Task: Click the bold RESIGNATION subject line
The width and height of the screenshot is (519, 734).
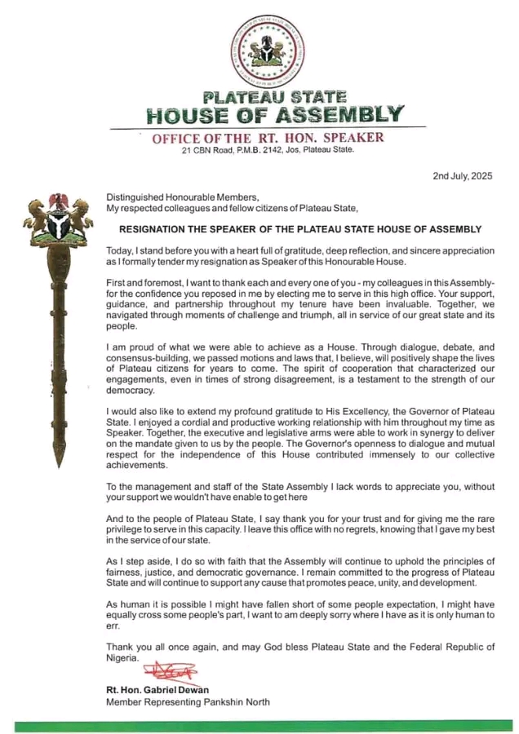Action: point(300,229)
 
